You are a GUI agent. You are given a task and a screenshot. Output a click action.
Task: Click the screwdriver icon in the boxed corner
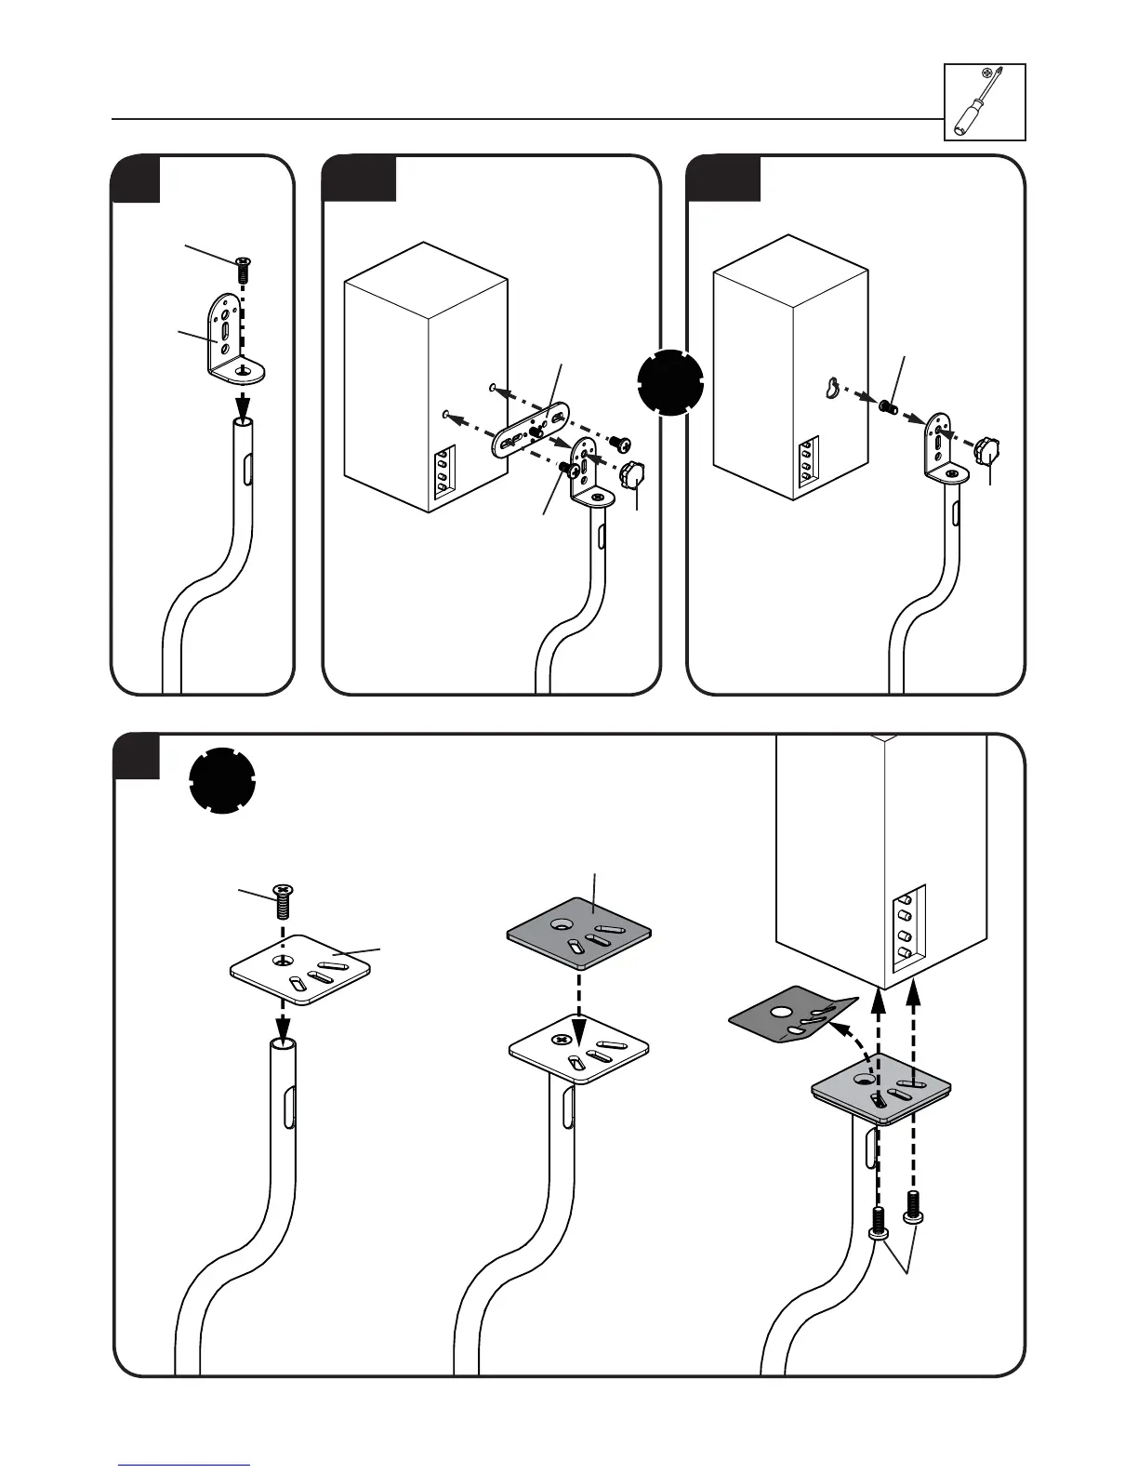point(985,101)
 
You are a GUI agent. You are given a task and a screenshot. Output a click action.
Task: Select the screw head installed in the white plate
point(561,1040)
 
